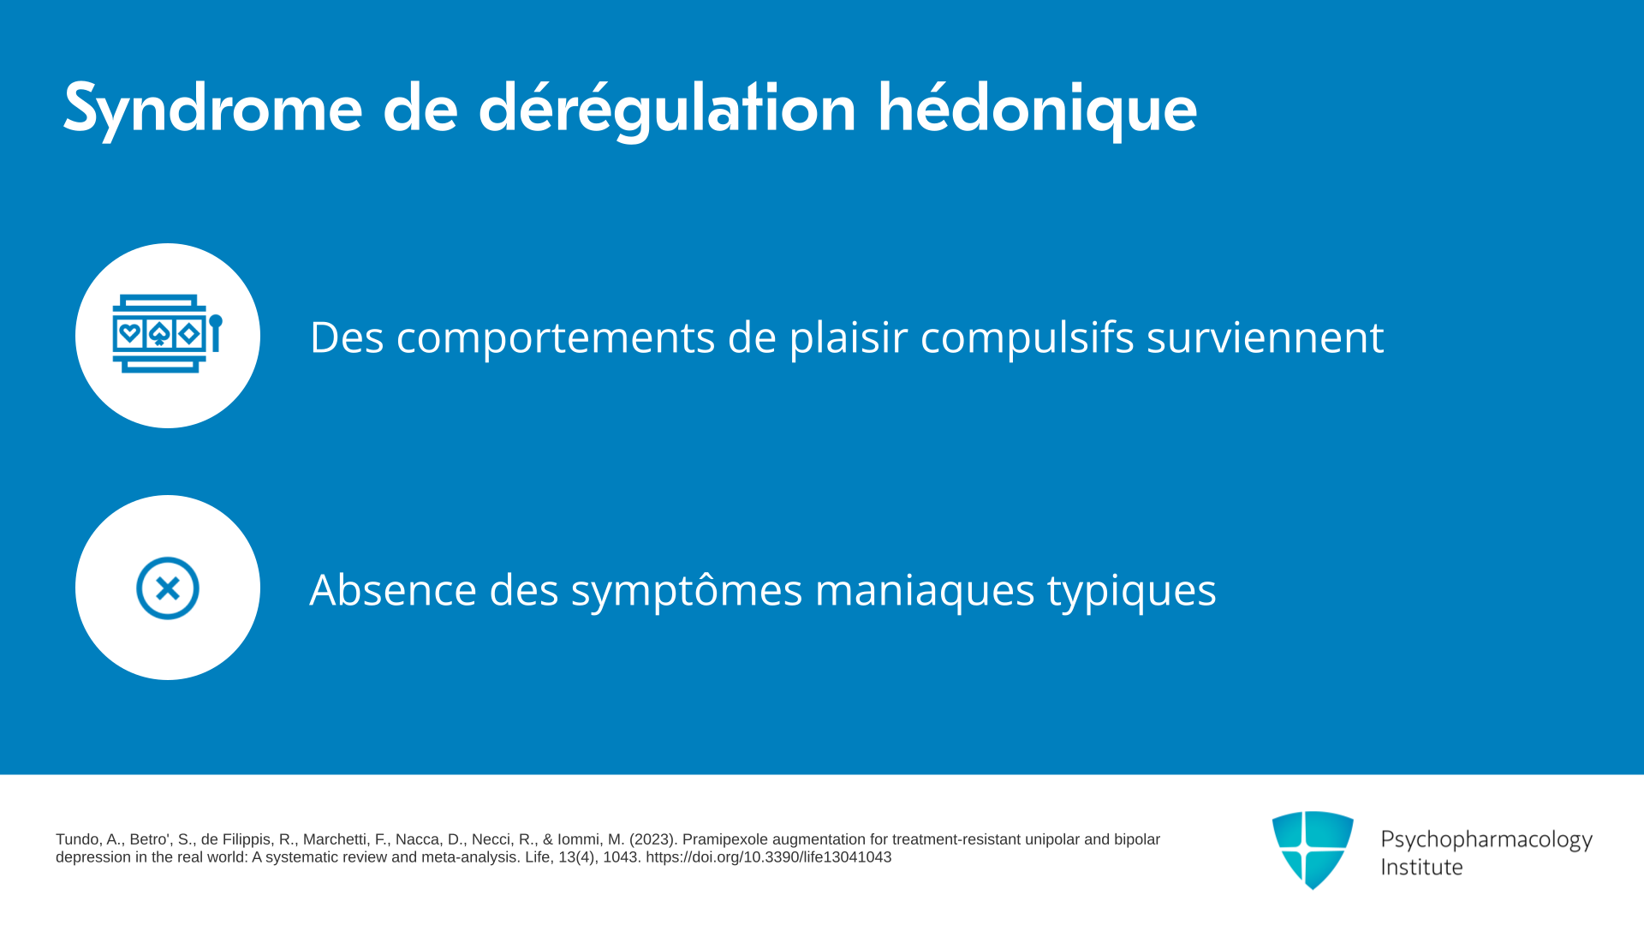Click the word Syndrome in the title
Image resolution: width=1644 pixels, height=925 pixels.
coord(212,109)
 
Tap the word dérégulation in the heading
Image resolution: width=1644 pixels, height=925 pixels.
coord(667,109)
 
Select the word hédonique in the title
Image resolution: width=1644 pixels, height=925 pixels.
coord(1038,109)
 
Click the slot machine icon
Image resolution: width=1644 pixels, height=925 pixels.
coord(168,334)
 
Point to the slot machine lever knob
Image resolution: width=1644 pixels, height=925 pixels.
coord(216,322)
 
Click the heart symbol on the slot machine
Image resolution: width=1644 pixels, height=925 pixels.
coord(130,333)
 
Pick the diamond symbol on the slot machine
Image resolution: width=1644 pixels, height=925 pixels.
coord(189,333)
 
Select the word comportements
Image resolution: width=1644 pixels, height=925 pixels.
coord(556,337)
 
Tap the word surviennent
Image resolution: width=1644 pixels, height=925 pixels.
coord(1266,337)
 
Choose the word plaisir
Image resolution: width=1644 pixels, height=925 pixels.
coord(849,337)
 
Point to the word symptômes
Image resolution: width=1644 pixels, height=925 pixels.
coord(687,590)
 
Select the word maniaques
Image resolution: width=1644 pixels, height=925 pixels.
coord(925,590)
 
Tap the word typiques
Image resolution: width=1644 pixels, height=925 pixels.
coord(1132,590)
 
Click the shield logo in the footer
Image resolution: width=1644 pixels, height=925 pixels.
coord(1313,850)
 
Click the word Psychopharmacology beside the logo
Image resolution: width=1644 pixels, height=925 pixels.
coord(1486,839)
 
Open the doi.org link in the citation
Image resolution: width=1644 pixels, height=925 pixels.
coord(768,857)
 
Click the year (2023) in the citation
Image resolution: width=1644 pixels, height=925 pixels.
coord(653,839)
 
